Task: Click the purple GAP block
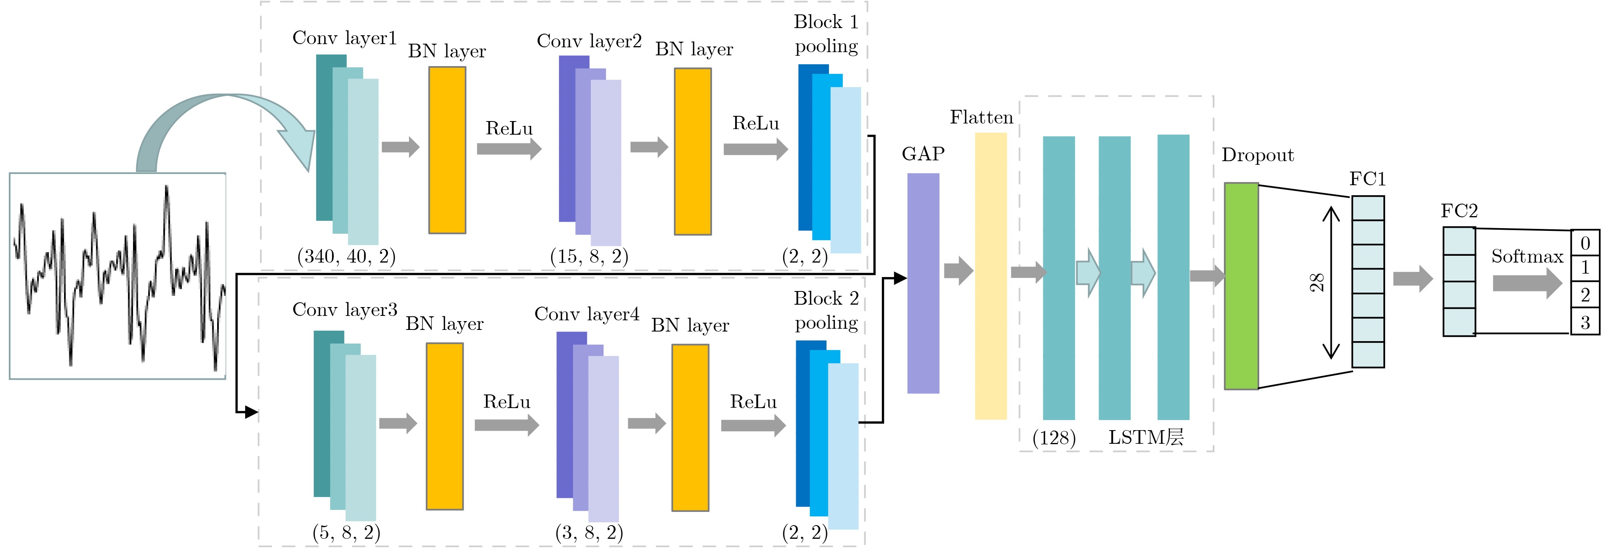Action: tap(923, 283)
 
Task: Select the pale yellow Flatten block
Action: tap(991, 275)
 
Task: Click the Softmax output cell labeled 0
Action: tap(1585, 243)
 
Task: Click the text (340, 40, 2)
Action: tap(346, 256)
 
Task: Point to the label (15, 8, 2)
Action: tap(589, 256)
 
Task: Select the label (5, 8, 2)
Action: tap(346, 532)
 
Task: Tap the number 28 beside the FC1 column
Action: tap(1316, 283)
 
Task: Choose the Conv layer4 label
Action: tap(587, 314)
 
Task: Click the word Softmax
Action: tap(1526, 256)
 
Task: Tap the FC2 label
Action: tap(1459, 211)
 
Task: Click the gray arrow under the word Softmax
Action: tap(1526, 283)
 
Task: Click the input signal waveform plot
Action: tap(117, 275)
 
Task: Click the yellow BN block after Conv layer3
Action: tap(445, 426)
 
